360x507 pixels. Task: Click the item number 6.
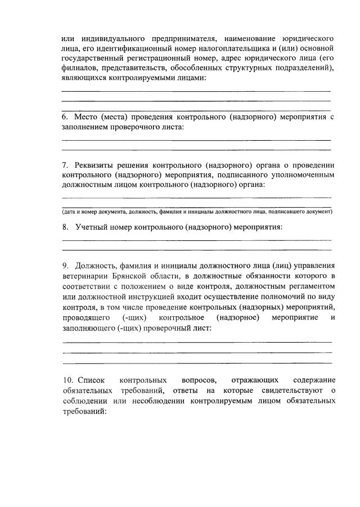tap(65, 117)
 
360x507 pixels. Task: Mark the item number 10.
tap(67, 382)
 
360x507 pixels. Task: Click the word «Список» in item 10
tap(88, 382)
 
